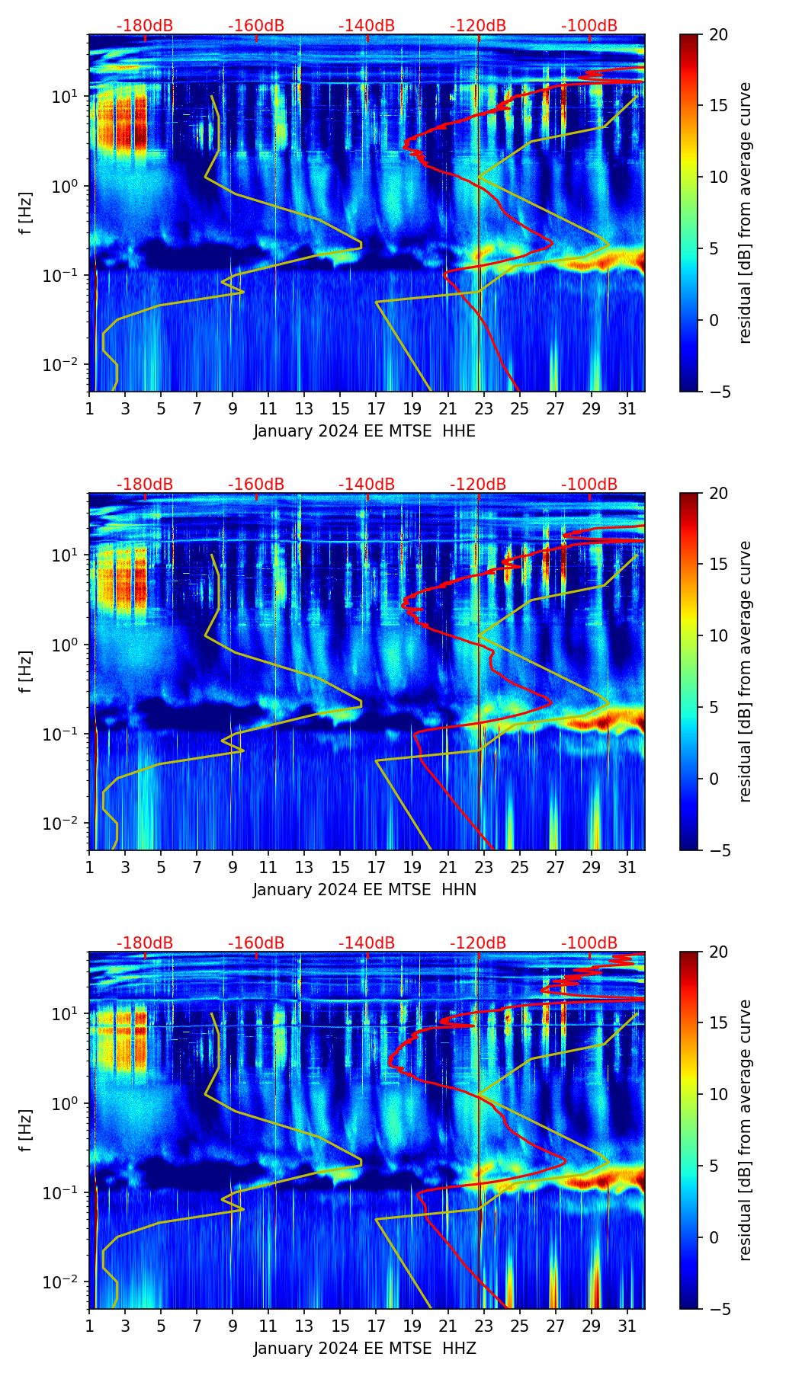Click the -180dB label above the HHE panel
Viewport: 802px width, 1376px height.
(145, 26)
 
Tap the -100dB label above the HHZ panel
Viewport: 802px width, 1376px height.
(589, 943)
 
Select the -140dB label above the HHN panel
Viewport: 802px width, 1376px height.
(367, 485)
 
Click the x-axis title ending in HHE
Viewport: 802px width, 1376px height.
(364, 431)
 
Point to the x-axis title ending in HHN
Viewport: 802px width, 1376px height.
(364, 890)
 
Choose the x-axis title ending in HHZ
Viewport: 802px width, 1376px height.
(364, 1349)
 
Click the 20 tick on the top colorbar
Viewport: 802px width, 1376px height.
(717, 34)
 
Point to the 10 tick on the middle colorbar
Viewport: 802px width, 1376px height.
(717, 635)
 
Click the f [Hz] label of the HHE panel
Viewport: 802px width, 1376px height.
(26, 213)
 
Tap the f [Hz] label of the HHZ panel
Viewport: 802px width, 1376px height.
(26, 1130)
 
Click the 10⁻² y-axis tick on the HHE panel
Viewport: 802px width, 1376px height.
(68, 365)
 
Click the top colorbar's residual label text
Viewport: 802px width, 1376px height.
(746, 213)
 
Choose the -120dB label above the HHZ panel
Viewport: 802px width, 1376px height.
(478, 943)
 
